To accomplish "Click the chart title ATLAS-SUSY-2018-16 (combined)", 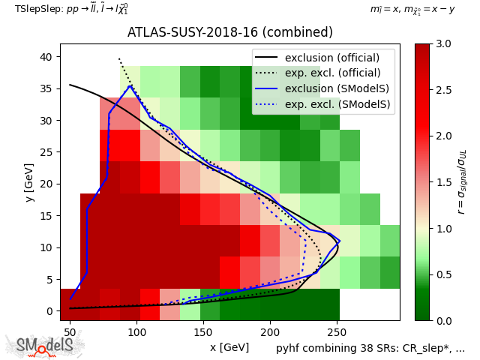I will tap(229, 33).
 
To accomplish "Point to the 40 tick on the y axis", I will tap(60, 57).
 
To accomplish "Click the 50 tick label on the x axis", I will tap(70, 331).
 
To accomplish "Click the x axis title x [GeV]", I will tap(229, 347).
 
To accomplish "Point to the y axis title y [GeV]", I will tap(28, 182).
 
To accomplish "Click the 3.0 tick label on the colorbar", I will tap(443, 44).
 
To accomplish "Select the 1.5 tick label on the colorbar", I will tap(443, 182).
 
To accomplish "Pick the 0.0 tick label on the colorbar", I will tap(443, 321).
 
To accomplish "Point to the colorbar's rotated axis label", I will tap(463, 182).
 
